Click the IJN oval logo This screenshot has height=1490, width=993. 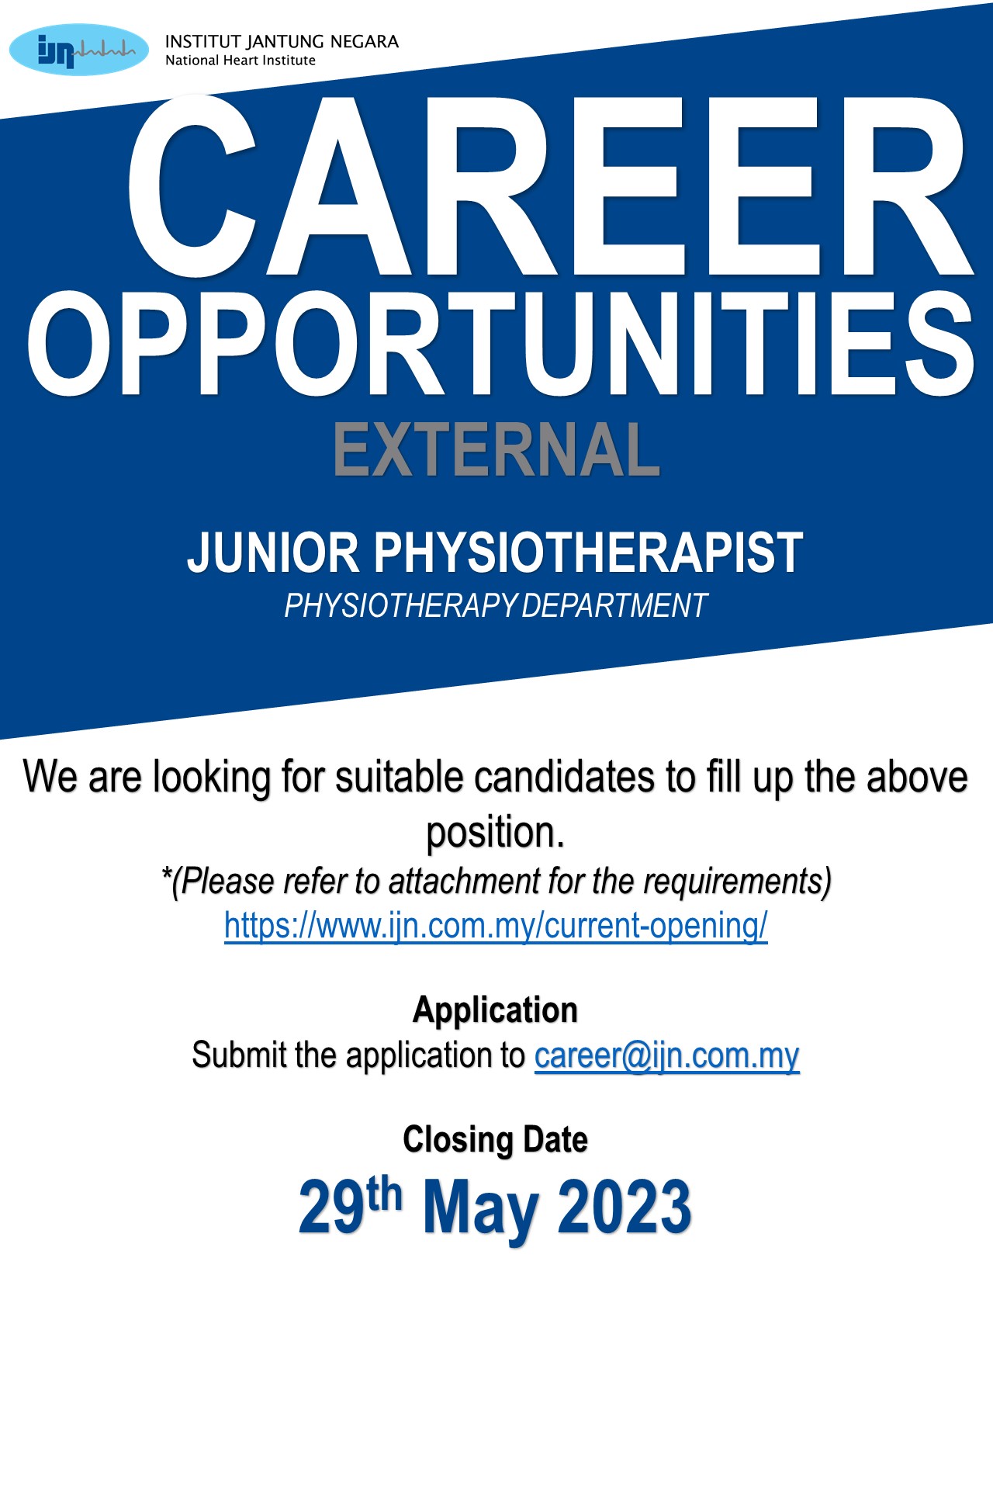pos(79,50)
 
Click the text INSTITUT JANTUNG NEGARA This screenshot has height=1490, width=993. pos(282,42)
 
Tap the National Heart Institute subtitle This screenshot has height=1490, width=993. pos(240,61)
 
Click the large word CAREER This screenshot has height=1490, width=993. pos(549,186)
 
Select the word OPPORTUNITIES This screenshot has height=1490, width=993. pos(501,344)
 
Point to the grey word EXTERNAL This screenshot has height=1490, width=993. pos(496,450)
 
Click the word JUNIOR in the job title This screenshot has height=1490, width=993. pos(273,553)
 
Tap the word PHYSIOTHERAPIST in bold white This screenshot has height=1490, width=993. pos(589,553)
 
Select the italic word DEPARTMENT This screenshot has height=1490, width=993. pos(614,606)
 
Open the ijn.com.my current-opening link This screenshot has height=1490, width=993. pos(496,926)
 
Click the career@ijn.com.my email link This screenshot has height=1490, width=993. pos(666,1055)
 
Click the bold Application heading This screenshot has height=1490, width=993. pos(496,1010)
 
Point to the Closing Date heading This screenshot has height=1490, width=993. pos(496,1140)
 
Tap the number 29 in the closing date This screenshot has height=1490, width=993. pos(331,1207)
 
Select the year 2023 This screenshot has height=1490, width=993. pos(625,1207)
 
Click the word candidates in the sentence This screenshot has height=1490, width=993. pos(564,777)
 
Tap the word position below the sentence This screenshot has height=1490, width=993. pos(496,833)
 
